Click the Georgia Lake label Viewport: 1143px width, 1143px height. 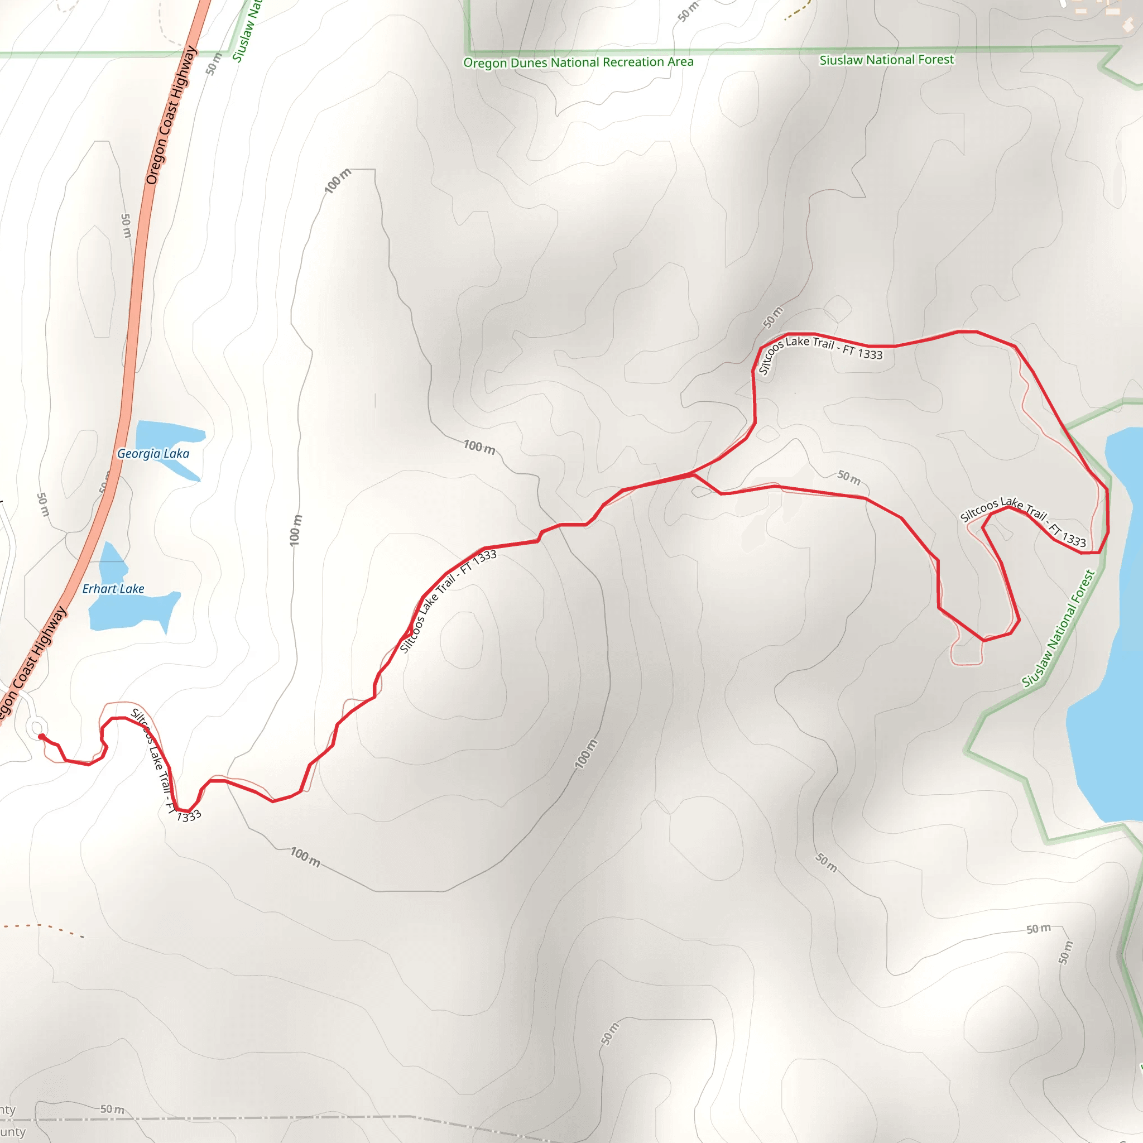(x=153, y=454)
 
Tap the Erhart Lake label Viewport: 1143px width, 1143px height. (x=113, y=589)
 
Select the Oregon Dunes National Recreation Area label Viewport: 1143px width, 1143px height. (x=578, y=62)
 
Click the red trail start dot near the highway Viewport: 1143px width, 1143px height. (x=41, y=737)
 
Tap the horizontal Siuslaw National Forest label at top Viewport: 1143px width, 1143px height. (x=886, y=60)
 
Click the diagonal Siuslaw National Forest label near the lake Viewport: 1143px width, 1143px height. (x=1059, y=628)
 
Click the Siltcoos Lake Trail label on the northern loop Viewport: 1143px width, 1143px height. (x=819, y=353)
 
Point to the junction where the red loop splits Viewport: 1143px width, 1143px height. (x=693, y=474)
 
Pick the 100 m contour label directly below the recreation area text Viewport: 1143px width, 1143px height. (x=338, y=181)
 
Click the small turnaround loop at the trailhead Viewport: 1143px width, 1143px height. (x=37, y=727)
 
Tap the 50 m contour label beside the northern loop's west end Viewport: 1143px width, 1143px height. (x=772, y=318)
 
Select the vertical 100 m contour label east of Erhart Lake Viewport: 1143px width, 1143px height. (x=296, y=530)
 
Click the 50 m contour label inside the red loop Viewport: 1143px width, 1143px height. (x=849, y=477)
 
